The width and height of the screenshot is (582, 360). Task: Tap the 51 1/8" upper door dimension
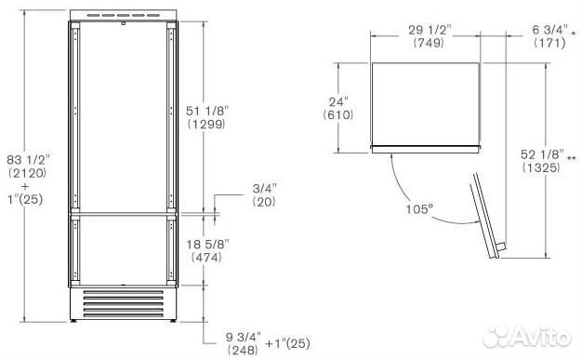(209, 109)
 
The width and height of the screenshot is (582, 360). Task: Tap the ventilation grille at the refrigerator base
(120, 301)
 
